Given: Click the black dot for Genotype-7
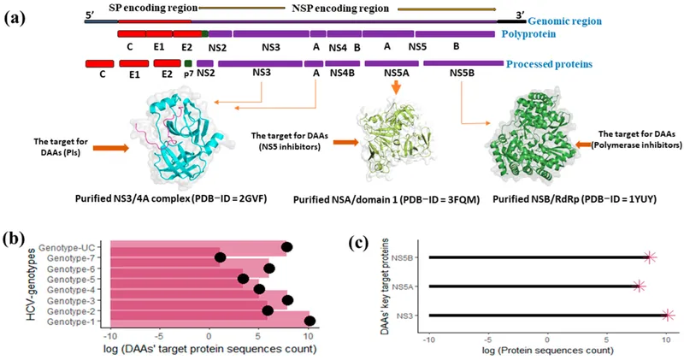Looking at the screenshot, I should pos(221,257).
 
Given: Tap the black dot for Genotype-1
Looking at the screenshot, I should pos(310,321).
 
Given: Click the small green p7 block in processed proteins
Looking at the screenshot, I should pos(188,63).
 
